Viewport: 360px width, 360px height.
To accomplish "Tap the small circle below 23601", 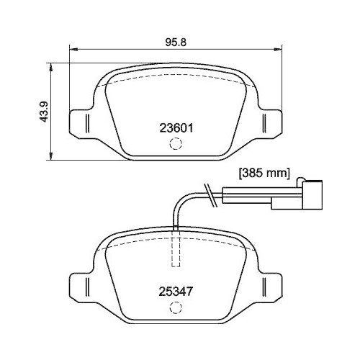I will (174, 144).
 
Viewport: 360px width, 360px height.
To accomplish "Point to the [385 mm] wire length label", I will (264, 173).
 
